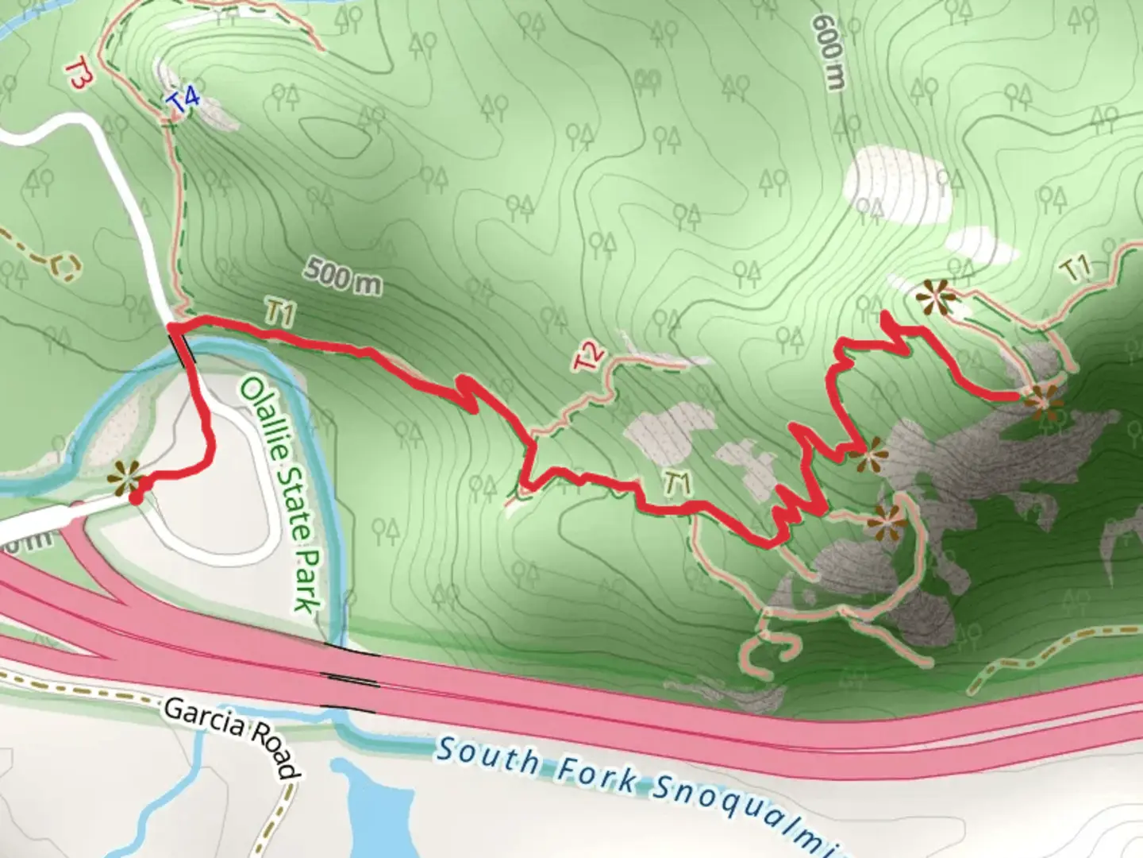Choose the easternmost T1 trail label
[1076, 270]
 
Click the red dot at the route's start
[136, 498]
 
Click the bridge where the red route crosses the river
[184, 350]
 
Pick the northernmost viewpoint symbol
[937, 296]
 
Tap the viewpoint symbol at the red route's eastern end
[1043, 400]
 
